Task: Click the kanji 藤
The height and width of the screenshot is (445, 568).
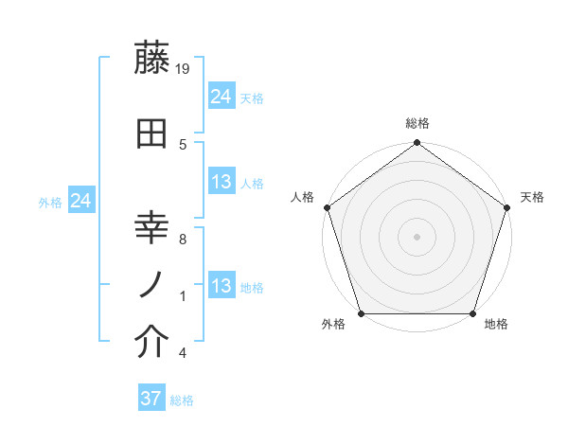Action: [153, 59]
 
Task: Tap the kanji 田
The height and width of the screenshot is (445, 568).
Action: [153, 133]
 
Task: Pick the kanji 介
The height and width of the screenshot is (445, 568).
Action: [153, 345]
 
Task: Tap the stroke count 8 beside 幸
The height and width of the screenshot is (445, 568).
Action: [183, 239]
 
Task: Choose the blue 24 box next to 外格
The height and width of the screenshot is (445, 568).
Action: [81, 201]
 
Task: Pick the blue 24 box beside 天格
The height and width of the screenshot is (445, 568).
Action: [222, 97]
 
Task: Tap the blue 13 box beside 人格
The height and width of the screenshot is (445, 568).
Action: [222, 182]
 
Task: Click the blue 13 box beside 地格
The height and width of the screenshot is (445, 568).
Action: [222, 286]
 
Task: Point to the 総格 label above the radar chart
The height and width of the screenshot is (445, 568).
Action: [417, 123]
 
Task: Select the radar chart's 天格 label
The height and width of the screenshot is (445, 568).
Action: [533, 197]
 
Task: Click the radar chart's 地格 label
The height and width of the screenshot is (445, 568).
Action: [496, 325]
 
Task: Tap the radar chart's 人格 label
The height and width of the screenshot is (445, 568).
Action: [303, 197]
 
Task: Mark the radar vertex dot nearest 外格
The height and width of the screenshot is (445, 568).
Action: [360, 313]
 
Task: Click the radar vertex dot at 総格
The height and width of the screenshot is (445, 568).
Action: [417, 143]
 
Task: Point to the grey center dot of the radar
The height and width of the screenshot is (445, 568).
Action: [417, 236]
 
